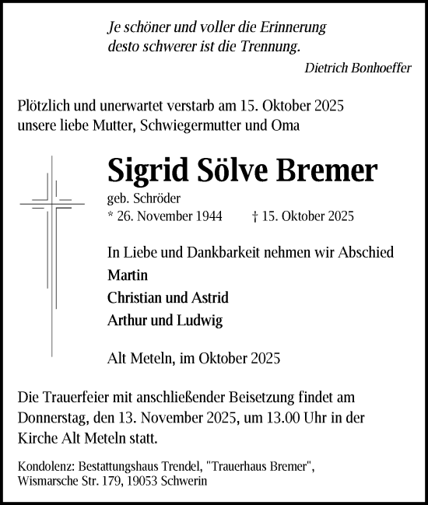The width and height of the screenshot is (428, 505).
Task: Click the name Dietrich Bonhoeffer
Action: tap(359, 68)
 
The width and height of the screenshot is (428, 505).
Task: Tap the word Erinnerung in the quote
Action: tap(293, 26)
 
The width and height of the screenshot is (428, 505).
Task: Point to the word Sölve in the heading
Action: tap(226, 169)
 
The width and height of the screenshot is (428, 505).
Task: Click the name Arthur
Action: tap(128, 321)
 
